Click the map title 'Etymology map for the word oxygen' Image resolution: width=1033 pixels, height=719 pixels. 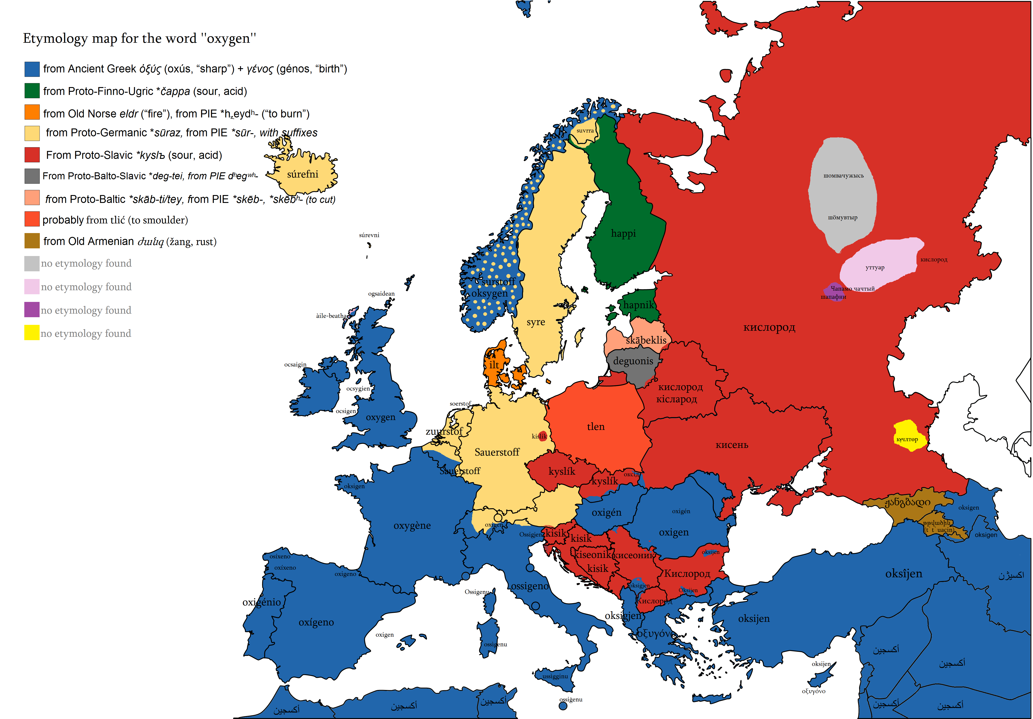click(x=139, y=39)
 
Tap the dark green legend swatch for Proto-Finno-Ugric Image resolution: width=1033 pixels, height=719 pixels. click(x=32, y=91)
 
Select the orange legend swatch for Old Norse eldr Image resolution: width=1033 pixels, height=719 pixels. click(x=32, y=112)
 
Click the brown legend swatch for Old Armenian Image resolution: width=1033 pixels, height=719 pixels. click(x=32, y=241)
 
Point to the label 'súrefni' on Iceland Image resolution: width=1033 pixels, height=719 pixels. click(x=302, y=174)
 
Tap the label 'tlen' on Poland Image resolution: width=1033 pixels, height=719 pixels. click(x=596, y=427)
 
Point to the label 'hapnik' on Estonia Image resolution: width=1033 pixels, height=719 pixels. click(x=638, y=305)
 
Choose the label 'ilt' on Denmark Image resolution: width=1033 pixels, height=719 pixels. click(x=494, y=365)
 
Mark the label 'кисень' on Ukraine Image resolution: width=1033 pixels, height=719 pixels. click(x=732, y=445)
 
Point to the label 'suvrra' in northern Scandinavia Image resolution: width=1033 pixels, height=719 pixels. click(x=585, y=130)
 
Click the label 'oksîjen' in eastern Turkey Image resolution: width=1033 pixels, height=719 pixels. click(x=903, y=574)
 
